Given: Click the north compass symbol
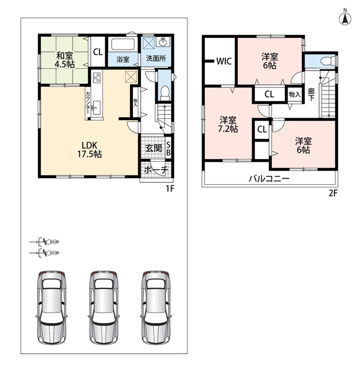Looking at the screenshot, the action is [x=345, y=17].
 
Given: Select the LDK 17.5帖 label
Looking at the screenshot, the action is [x=89, y=150].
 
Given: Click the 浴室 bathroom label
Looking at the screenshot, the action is [x=123, y=59].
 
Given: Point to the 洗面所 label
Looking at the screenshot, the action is [x=156, y=58].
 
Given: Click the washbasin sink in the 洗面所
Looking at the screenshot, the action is [x=163, y=42].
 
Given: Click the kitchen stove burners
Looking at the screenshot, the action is [x=97, y=78].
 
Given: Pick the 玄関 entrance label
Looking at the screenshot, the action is [x=154, y=148].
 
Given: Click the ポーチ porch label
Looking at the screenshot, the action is [x=156, y=170].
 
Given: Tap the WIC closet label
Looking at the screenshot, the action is [x=224, y=61].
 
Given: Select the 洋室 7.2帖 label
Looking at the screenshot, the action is [x=228, y=124].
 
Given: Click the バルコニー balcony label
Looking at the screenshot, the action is [x=269, y=179].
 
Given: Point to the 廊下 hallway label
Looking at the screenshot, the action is [x=311, y=94].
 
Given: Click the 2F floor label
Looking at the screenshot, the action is [x=333, y=193].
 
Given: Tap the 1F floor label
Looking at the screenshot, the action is [x=170, y=189].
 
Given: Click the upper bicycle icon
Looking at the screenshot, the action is [x=44, y=242].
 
